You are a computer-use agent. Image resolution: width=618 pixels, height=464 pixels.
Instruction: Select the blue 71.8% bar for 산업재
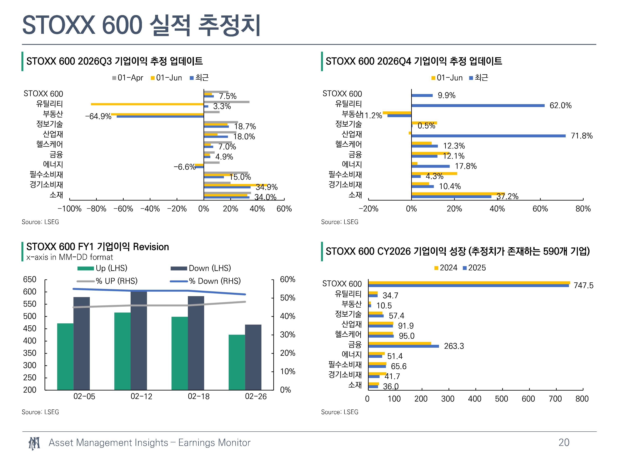pos(488,136)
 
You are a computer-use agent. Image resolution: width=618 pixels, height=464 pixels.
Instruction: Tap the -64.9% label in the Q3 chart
pos(98,116)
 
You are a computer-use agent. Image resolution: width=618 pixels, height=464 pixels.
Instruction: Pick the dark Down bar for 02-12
pos(139,340)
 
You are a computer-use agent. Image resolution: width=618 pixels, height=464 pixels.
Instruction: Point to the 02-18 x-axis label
pos(198,396)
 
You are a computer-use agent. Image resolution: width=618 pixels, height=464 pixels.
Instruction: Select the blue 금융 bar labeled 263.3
pos(404,346)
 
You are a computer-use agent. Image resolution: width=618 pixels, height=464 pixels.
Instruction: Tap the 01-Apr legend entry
pos(128,78)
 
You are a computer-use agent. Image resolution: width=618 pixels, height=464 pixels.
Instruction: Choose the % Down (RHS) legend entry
pos(205,281)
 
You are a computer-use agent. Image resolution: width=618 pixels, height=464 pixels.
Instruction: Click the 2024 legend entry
pos(446,268)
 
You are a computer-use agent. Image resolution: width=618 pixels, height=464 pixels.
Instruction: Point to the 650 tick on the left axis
pos(30,279)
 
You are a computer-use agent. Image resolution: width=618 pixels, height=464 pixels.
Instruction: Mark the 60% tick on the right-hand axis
pos(288,279)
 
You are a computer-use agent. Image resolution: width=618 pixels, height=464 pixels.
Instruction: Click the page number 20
pos(564,443)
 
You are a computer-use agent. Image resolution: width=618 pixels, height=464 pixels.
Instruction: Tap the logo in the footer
pos(34,443)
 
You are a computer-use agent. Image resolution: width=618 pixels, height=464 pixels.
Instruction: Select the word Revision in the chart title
pos(151,247)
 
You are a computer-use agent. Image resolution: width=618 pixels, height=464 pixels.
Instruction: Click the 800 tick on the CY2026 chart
pos(582,399)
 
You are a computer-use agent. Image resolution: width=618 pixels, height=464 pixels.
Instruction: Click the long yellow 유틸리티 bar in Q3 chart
pos(147,104)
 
